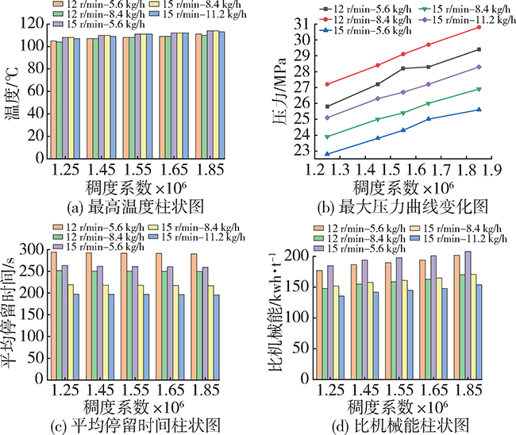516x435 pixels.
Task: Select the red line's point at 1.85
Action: pos(479,27)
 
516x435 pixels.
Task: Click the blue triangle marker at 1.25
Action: pos(306,154)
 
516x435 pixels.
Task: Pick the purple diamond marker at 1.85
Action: pos(479,67)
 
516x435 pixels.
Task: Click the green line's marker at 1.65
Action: pos(429,103)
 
